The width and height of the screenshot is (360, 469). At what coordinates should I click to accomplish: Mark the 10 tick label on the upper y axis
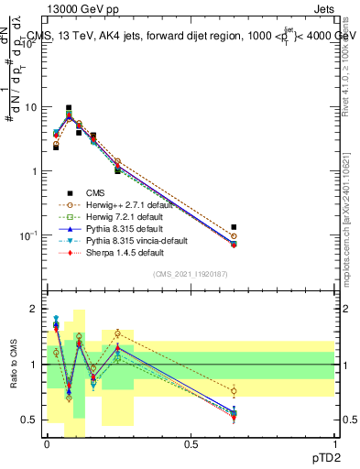[30, 107]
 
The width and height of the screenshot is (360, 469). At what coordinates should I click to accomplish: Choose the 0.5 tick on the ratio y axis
[30, 420]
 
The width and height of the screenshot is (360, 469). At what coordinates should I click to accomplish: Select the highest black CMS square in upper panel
[69, 108]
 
